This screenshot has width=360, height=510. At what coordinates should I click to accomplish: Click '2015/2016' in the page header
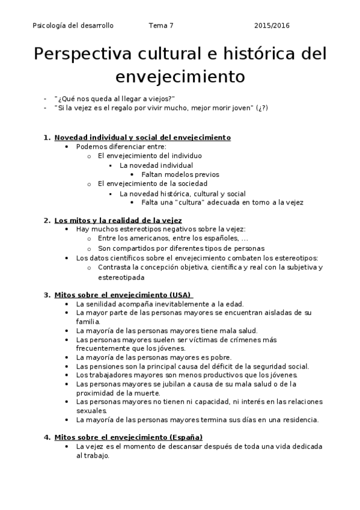pos(272,26)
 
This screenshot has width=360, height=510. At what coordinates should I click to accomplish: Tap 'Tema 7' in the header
pos(160,26)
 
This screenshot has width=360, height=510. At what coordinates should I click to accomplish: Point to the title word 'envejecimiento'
pos(180,78)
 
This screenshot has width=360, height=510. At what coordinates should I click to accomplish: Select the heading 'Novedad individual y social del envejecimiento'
pos(142,138)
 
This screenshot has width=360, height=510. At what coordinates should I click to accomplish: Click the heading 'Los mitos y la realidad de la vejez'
pos(118,220)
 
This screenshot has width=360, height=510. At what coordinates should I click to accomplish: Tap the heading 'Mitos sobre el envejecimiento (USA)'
pos(123,295)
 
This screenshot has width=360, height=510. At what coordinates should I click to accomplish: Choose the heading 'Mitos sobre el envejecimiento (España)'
pos(129,437)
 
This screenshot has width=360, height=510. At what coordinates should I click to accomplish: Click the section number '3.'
pos(46,295)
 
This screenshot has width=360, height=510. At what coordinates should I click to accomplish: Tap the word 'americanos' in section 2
pos(150,239)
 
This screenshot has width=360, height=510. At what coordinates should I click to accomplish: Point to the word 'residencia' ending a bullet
pos(301,419)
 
